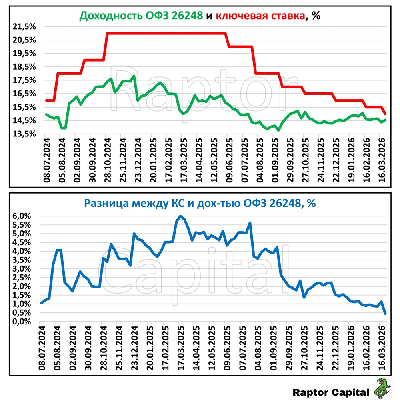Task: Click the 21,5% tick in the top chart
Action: click(x=24, y=26)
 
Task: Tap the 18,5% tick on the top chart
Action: click(x=24, y=67)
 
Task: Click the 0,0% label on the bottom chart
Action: click(x=22, y=322)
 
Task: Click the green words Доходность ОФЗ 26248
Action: click(x=141, y=16)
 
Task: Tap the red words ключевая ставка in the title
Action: click(x=260, y=16)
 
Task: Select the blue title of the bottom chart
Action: click(x=200, y=204)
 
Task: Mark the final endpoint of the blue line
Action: click(x=385, y=314)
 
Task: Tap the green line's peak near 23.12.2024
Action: click(x=134, y=76)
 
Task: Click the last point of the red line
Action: click(x=385, y=114)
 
